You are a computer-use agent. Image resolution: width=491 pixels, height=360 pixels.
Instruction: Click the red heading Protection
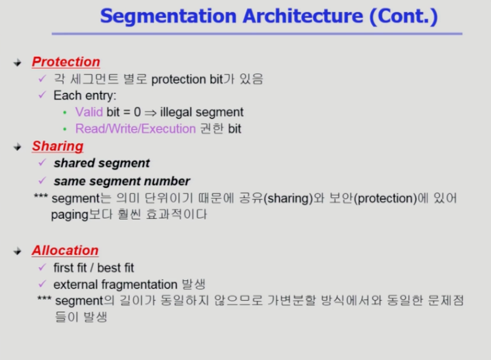pyautogui.click(x=66, y=62)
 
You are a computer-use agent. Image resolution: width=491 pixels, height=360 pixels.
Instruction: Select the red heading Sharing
pyautogui.click(x=58, y=146)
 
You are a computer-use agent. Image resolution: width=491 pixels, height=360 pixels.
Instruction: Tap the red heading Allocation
pyautogui.click(x=65, y=250)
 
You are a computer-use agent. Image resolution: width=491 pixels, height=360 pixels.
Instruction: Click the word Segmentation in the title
pyautogui.click(x=168, y=16)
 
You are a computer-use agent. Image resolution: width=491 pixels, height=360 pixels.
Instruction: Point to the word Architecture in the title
pyautogui.click(x=303, y=16)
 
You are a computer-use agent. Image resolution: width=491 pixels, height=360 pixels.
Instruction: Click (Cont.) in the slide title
pyautogui.click(x=403, y=16)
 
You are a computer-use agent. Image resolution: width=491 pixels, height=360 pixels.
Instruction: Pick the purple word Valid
pyautogui.click(x=89, y=112)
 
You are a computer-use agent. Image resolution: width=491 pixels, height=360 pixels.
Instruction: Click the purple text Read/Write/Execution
pyautogui.click(x=135, y=129)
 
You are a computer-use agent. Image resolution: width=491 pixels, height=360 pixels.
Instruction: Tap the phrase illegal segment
pyautogui.click(x=202, y=112)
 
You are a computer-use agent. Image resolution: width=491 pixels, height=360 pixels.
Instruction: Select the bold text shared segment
pyautogui.click(x=102, y=163)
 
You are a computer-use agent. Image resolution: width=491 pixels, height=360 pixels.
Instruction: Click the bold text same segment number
pyautogui.click(x=122, y=181)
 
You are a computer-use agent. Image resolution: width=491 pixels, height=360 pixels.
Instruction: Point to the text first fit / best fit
pyautogui.click(x=93, y=268)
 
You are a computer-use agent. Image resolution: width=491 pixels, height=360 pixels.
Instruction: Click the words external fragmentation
pyautogui.click(x=115, y=285)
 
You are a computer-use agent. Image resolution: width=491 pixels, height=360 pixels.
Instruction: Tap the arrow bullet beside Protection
pyautogui.click(x=17, y=63)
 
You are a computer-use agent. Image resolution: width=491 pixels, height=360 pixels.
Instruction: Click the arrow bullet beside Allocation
pyautogui.click(x=17, y=251)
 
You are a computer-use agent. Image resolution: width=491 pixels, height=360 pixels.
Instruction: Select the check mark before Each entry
pyautogui.click(x=42, y=94)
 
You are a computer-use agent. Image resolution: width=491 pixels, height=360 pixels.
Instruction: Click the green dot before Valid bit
pyautogui.click(x=64, y=112)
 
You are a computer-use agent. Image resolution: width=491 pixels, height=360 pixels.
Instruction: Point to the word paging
pyautogui.click(x=69, y=215)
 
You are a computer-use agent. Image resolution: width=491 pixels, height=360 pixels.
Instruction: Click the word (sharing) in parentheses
pyautogui.click(x=288, y=198)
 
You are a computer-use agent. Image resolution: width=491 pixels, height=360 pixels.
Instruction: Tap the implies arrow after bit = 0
pyautogui.click(x=150, y=113)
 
